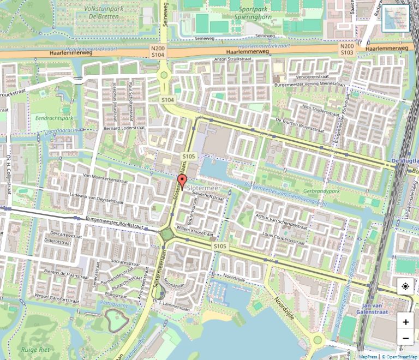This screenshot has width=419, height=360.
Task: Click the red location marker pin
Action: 181,182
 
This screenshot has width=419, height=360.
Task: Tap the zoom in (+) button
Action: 405,322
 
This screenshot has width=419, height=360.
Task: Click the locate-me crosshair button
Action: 405,286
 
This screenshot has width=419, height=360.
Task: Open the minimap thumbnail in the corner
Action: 395,19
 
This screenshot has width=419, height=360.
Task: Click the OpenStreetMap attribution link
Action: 399,357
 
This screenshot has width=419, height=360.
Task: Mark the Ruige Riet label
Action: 33,349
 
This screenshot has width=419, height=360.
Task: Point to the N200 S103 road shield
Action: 348,50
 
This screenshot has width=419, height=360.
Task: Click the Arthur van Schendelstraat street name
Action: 282,221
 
